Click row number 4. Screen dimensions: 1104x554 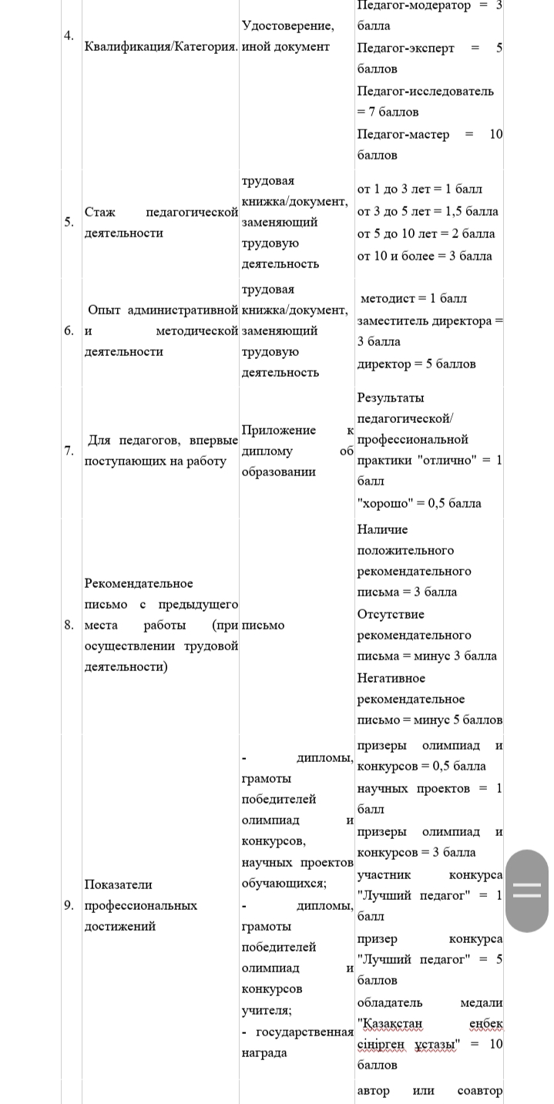69,36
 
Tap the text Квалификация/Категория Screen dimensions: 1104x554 161,46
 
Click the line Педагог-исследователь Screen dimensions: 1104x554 425,91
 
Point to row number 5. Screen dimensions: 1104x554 69,222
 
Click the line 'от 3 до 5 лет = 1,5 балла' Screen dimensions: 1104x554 428,211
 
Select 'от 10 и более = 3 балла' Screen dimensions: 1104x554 425,256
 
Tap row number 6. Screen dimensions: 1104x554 69,331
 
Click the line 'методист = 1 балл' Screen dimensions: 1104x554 414,298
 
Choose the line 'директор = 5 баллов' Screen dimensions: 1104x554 416,364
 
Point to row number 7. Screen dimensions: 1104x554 69,451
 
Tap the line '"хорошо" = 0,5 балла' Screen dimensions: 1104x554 419,503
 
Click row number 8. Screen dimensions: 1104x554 69,625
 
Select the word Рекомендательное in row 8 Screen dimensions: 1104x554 139,583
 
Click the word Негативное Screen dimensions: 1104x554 391,678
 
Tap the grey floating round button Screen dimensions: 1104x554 527,891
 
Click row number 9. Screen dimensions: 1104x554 69,905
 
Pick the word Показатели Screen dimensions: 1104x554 118,884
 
